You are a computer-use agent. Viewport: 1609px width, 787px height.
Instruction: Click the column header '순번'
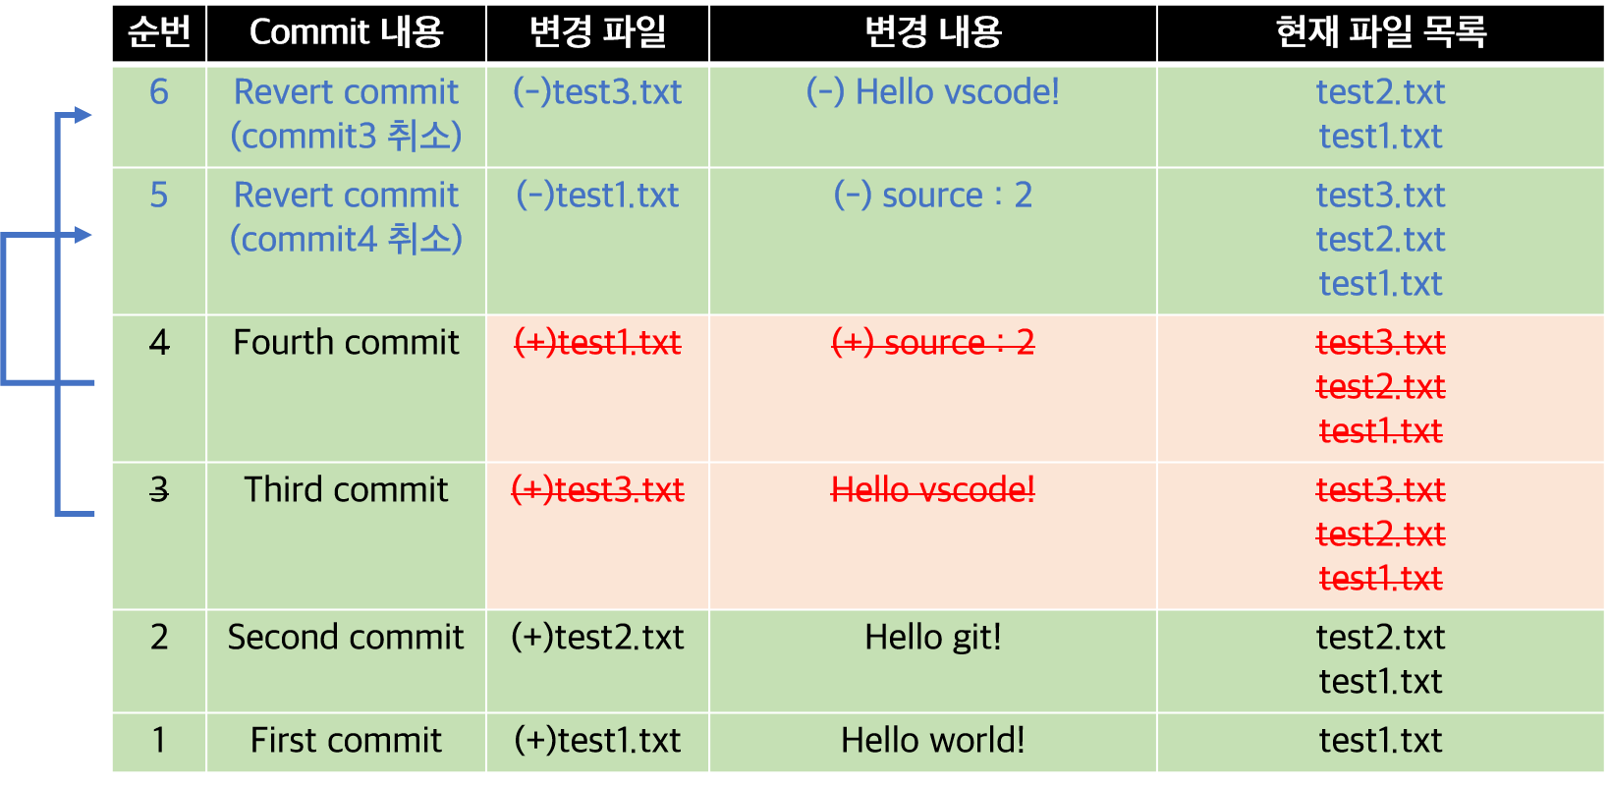click(x=158, y=32)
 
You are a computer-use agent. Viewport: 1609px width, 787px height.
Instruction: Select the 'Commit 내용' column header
click(x=346, y=32)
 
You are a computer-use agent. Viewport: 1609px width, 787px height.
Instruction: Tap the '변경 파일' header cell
click(x=597, y=32)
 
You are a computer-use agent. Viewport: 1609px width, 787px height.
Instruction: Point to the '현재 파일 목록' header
click(x=1380, y=32)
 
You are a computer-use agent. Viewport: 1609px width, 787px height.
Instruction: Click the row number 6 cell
click(x=158, y=92)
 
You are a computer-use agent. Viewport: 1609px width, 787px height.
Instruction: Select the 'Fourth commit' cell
click(x=346, y=343)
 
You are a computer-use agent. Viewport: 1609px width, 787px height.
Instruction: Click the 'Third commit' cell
click(x=346, y=490)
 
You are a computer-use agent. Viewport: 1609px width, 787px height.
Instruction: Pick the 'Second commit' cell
click(x=346, y=638)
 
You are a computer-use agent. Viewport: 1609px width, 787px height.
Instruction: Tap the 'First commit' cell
click(x=346, y=741)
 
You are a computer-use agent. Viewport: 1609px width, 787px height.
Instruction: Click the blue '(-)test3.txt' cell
click(x=597, y=92)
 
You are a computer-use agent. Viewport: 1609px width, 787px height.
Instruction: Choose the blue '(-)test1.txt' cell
click(x=597, y=196)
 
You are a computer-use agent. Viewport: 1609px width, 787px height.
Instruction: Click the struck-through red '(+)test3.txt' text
click(x=597, y=490)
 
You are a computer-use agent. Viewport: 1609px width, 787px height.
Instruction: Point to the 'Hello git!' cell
click(x=932, y=638)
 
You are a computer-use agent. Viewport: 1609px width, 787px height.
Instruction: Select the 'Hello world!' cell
click(x=932, y=741)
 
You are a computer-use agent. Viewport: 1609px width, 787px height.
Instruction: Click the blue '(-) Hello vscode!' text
click(x=932, y=92)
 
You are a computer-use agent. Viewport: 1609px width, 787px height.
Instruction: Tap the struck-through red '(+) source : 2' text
click(x=932, y=343)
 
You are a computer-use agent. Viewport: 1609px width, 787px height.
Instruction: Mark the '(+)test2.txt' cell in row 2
click(x=597, y=638)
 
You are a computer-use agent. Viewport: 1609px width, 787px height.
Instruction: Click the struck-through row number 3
click(x=158, y=490)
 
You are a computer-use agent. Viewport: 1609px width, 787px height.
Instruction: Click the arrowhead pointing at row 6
click(x=83, y=116)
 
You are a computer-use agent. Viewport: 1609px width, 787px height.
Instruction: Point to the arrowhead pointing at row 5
click(x=83, y=235)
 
